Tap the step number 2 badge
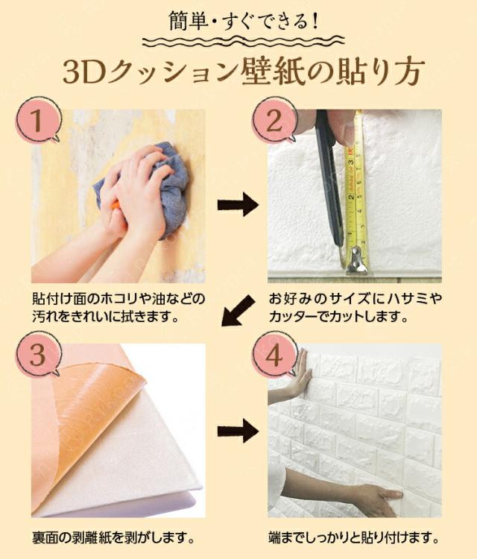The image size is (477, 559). coord(274,119)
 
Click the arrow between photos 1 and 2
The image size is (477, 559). coord(238,206)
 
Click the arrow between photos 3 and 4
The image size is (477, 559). coord(238,430)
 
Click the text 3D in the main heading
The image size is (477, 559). coord(87,73)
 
